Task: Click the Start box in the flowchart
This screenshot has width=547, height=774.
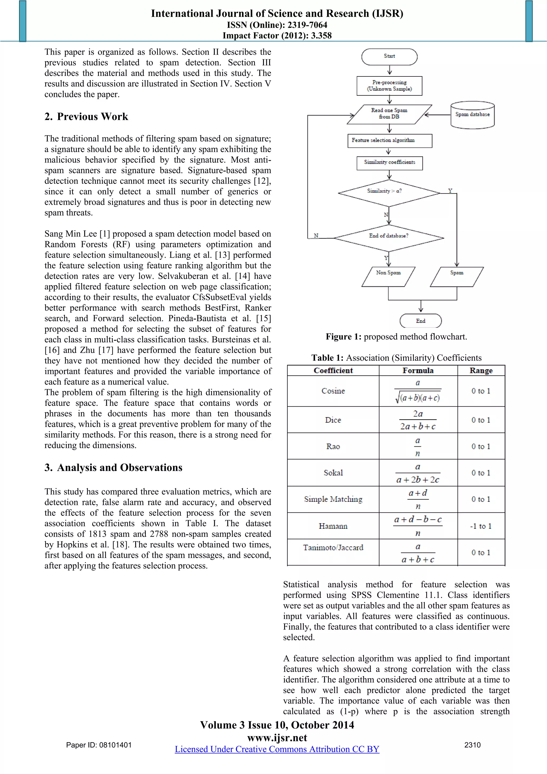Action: (x=389, y=57)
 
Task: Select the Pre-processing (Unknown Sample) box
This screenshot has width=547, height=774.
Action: (x=389, y=85)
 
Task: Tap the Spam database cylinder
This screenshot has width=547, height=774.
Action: (x=472, y=115)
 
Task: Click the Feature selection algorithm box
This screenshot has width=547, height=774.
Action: (x=390, y=141)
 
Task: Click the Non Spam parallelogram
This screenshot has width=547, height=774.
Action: (x=388, y=277)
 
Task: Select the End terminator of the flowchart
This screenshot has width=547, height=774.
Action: (x=420, y=321)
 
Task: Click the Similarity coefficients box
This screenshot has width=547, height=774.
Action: (x=390, y=163)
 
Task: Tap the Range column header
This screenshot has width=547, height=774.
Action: (x=481, y=371)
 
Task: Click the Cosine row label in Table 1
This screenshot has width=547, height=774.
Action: (x=333, y=391)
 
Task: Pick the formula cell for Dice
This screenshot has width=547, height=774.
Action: (x=418, y=420)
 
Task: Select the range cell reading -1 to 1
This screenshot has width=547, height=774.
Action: (x=481, y=526)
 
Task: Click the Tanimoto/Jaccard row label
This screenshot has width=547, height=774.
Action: (x=333, y=548)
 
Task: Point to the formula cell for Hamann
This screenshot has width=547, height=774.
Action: (x=418, y=526)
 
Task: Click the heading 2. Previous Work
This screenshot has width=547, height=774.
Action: (x=86, y=117)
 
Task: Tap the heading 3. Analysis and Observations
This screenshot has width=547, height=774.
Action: (x=114, y=468)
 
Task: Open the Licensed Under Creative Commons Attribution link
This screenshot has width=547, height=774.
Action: (x=277, y=749)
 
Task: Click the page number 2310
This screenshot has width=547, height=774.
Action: (x=472, y=745)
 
